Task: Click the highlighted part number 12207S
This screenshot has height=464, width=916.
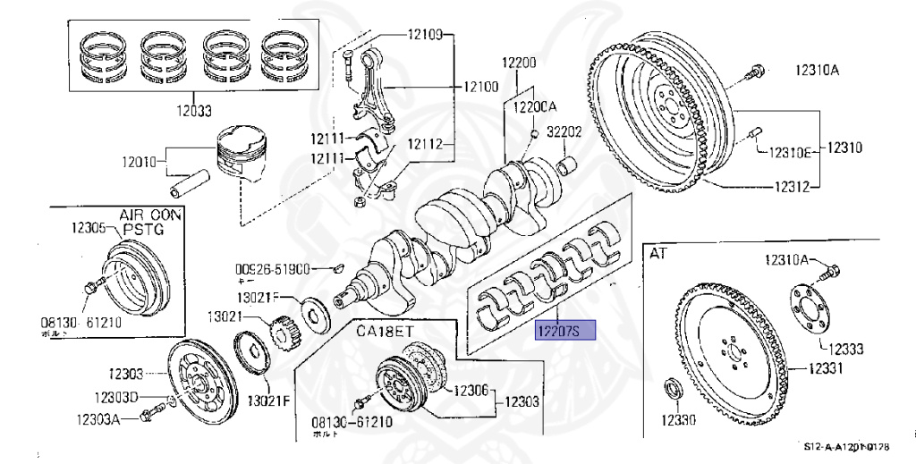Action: [558, 333]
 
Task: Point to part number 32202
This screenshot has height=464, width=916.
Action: [564, 131]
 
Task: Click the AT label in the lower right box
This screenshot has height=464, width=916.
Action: [658, 253]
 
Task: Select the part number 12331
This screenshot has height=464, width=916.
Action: [831, 367]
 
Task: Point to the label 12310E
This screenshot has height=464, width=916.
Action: [788, 152]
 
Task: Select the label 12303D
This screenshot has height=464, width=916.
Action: [117, 397]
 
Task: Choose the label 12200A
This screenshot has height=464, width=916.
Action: [533, 105]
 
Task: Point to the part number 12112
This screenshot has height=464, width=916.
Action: [425, 144]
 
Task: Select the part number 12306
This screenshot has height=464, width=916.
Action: [471, 390]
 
